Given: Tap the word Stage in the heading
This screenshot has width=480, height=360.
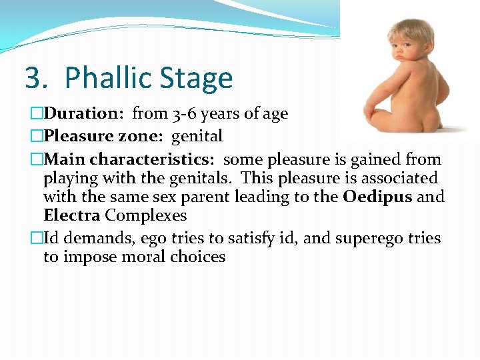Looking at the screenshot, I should (x=198, y=79).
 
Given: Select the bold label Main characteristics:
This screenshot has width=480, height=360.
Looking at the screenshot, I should (x=131, y=159).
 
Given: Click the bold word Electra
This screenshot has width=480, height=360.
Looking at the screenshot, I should (x=71, y=216).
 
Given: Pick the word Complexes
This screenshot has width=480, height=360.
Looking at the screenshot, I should (x=146, y=216).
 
